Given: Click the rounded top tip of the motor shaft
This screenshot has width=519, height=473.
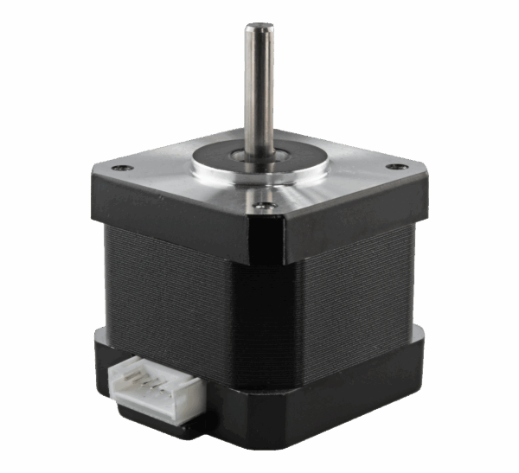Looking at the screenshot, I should (258, 29).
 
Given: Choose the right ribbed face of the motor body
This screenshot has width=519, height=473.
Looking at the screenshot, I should (355, 285).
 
